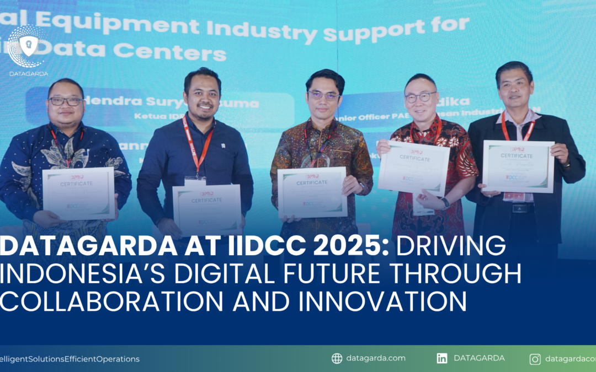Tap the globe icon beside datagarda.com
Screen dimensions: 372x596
[x=337, y=358]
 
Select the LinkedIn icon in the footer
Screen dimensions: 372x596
[x=442, y=358]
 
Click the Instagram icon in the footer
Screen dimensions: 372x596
[x=535, y=359]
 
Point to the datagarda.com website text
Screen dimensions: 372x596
[x=376, y=358]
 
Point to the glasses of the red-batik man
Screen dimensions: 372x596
[x=421, y=98]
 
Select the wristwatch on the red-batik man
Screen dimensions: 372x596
[x=445, y=203]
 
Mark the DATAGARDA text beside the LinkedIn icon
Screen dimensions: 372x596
[x=479, y=358]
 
